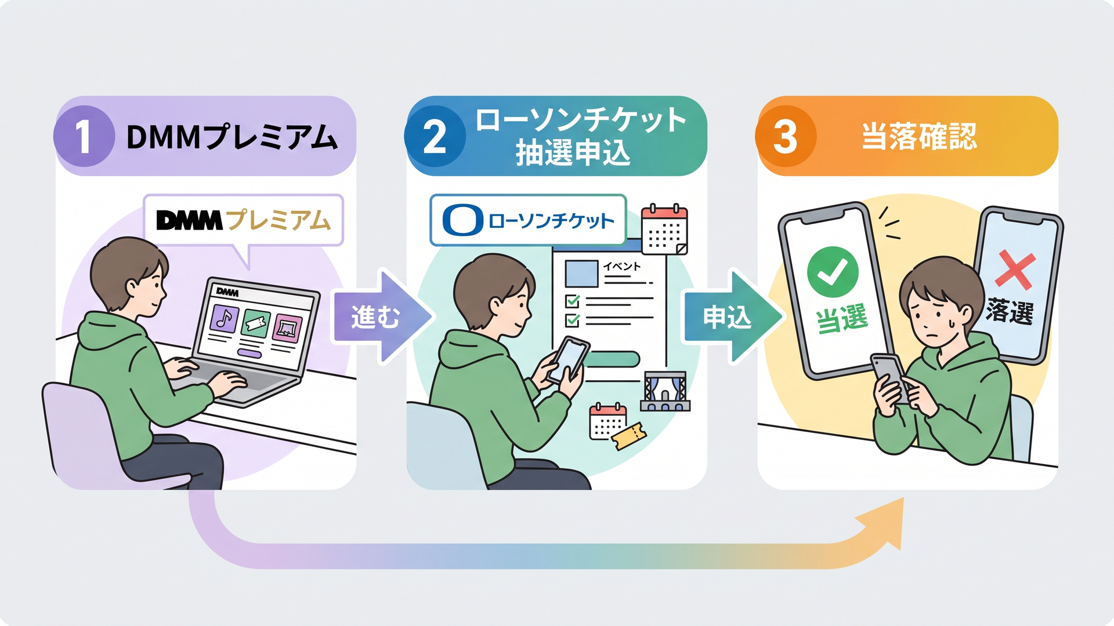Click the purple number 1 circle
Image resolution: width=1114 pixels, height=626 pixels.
tap(84, 136)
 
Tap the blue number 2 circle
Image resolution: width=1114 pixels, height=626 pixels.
tap(435, 136)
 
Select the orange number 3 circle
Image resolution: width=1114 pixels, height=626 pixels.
tap(786, 136)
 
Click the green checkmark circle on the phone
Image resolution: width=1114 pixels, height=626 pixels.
tap(833, 272)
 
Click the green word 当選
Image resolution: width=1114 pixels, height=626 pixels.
tap(842, 319)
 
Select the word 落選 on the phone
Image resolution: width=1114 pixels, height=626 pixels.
tap(1010, 312)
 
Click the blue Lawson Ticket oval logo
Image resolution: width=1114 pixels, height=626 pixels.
tap(462, 220)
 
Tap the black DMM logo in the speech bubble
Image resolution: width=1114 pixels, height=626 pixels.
tap(189, 220)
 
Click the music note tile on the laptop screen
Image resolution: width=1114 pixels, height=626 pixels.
tap(225, 318)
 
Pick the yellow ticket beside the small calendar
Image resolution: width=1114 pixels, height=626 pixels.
tap(629, 435)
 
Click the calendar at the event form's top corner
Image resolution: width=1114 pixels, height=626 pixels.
tap(664, 230)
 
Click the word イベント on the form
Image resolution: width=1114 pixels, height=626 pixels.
tap(621, 267)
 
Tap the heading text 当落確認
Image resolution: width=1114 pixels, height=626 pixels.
tap(919, 137)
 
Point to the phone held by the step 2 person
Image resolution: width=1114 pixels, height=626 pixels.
tap(569, 359)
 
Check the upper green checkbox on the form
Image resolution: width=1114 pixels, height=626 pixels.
tap(573, 301)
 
